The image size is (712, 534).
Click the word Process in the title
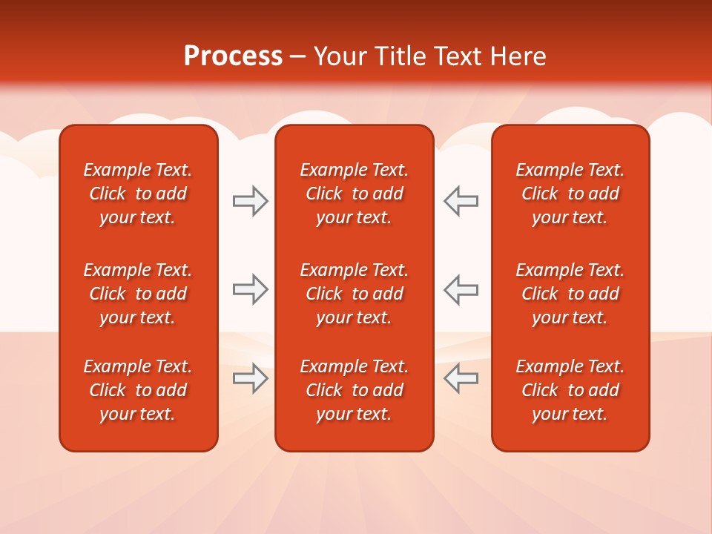pyautogui.click(x=233, y=56)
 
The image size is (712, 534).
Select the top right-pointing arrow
pyautogui.click(x=250, y=201)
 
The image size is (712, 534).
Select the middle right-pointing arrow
pyautogui.click(x=250, y=289)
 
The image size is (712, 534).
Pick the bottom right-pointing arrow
pyautogui.click(x=250, y=378)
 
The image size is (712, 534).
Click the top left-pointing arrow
pyautogui.click(x=461, y=201)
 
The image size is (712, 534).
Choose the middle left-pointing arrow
pyautogui.click(x=461, y=289)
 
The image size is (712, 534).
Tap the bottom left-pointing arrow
pyautogui.click(x=461, y=378)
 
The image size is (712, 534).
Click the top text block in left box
pyautogui.click(x=138, y=194)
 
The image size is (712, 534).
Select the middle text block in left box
pyautogui.click(x=138, y=294)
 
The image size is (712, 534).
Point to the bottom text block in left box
pyautogui.click(x=138, y=390)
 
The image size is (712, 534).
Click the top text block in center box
pyautogui.click(x=355, y=194)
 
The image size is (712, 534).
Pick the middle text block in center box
pyautogui.click(x=355, y=294)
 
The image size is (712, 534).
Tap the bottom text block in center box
pyautogui.click(x=355, y=390)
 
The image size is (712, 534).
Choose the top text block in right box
pyautogui.click(x=570, y=194)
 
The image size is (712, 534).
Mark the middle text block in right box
pyautogui.click(x=570, y=294)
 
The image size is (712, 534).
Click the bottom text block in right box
pyautogui.click(x=570, y=390)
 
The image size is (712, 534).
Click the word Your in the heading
pyautogui.click(x=339, y=56)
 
